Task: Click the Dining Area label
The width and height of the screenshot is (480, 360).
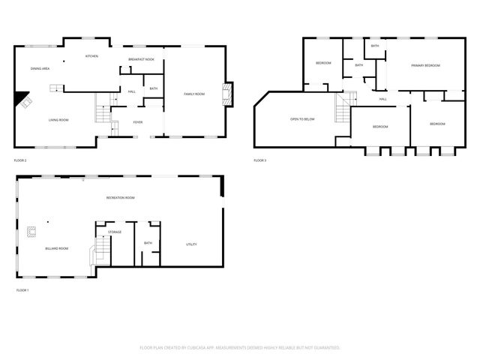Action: click(40, 69)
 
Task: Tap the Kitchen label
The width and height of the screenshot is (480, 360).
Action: click(91, 56)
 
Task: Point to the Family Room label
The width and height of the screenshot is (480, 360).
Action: click(194, 94)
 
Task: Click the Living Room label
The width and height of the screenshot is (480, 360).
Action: click(59, 120)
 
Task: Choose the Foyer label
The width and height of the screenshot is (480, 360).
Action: click(138, 122)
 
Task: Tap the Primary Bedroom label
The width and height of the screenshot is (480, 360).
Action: click(425, 66)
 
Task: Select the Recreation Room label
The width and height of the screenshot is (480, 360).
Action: click(120, 198)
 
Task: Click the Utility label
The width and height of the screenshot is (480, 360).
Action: click(192, 244)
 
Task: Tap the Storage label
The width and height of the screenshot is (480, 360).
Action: click(115, 232)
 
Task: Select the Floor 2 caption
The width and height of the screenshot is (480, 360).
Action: click(20, 160)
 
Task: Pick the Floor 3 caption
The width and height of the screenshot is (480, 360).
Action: click(260, 160)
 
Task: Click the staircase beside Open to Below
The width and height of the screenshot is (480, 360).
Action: click(343, 109)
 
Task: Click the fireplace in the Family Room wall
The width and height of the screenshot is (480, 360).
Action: click(229, 93)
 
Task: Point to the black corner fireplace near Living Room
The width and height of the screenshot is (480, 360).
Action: click(23, 98)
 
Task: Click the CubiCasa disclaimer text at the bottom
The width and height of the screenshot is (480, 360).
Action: click(240, 347)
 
